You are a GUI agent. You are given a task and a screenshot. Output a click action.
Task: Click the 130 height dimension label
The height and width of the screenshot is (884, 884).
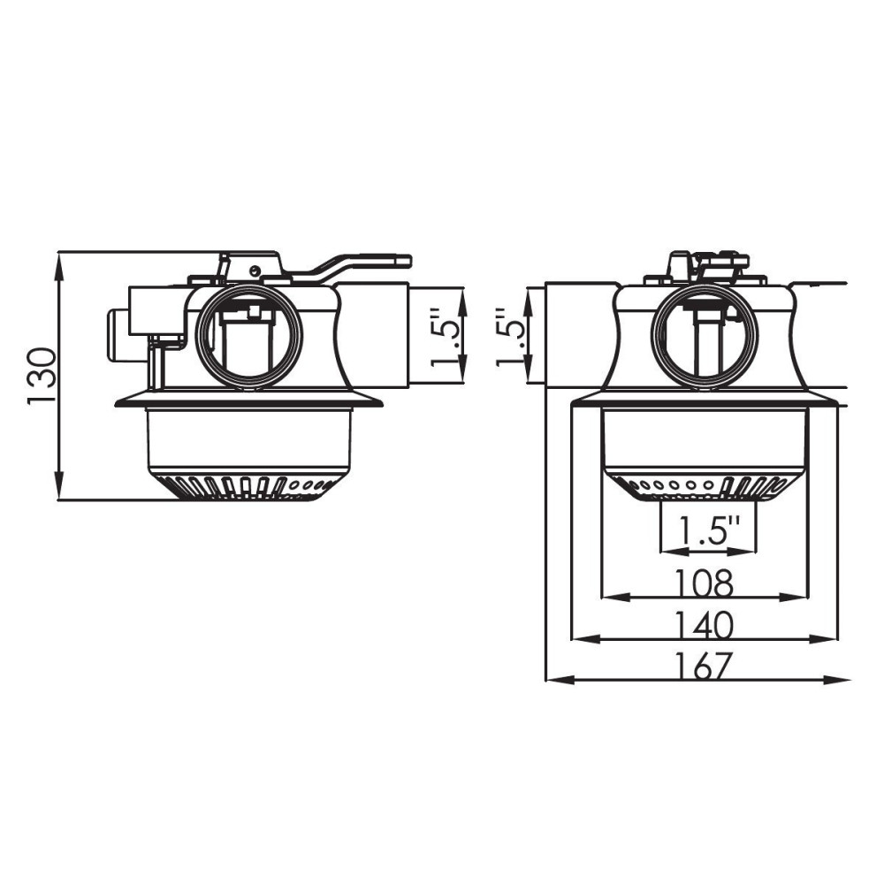tap(42, 376)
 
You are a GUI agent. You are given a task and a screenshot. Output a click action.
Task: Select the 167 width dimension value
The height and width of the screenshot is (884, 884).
tap(705, 665)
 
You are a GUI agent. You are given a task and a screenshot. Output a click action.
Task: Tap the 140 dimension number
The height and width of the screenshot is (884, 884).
tap(705, 624)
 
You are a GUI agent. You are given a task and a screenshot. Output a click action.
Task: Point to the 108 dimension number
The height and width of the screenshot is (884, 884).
tap(705, 583)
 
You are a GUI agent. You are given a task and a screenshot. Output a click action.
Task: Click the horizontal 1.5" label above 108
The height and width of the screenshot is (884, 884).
tap(707, 532)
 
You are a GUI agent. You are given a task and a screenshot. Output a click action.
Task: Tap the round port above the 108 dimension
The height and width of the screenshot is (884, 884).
tap(704, 337)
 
